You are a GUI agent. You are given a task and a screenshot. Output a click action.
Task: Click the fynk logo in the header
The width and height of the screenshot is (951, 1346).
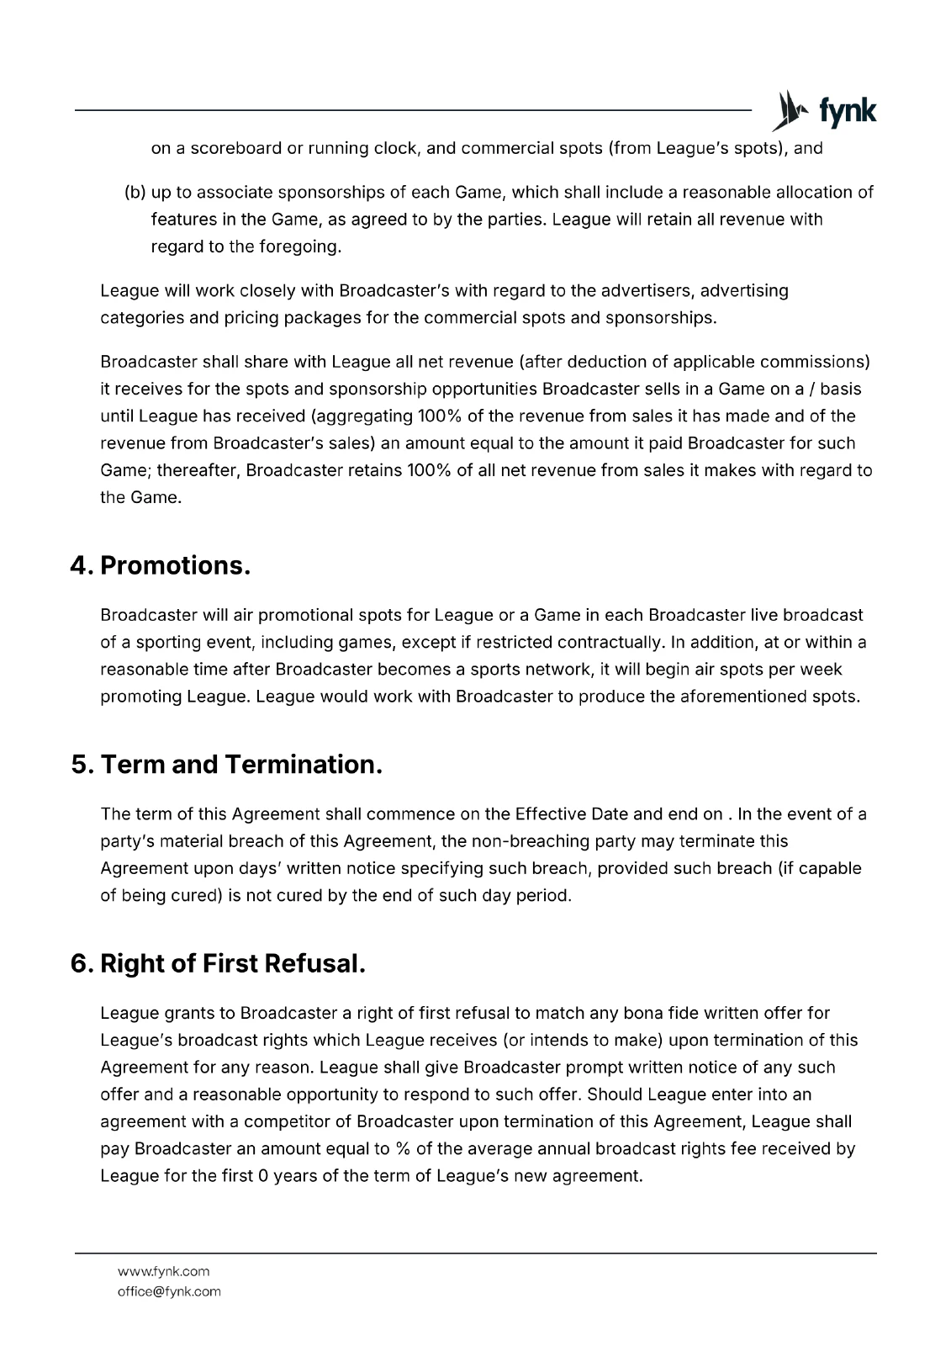tap(824, 111)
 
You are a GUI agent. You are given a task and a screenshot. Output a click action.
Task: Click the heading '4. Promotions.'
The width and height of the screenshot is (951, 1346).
tap(160, 565)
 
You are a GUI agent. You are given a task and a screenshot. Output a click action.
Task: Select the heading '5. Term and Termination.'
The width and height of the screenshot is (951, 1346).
tap(226, 765)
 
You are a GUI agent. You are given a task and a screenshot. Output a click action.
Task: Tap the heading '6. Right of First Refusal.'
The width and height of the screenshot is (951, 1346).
tap(218, 963)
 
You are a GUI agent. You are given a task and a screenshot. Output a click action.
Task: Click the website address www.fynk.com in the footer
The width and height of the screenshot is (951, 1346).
tap(164, 1271)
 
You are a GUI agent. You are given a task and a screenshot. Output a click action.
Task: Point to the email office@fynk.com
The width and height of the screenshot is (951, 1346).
tap(169, 1291)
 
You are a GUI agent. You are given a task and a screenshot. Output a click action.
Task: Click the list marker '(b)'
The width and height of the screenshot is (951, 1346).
tap(135, 193)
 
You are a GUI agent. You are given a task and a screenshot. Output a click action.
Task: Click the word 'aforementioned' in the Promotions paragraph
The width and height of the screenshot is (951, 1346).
tap(745, 697)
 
